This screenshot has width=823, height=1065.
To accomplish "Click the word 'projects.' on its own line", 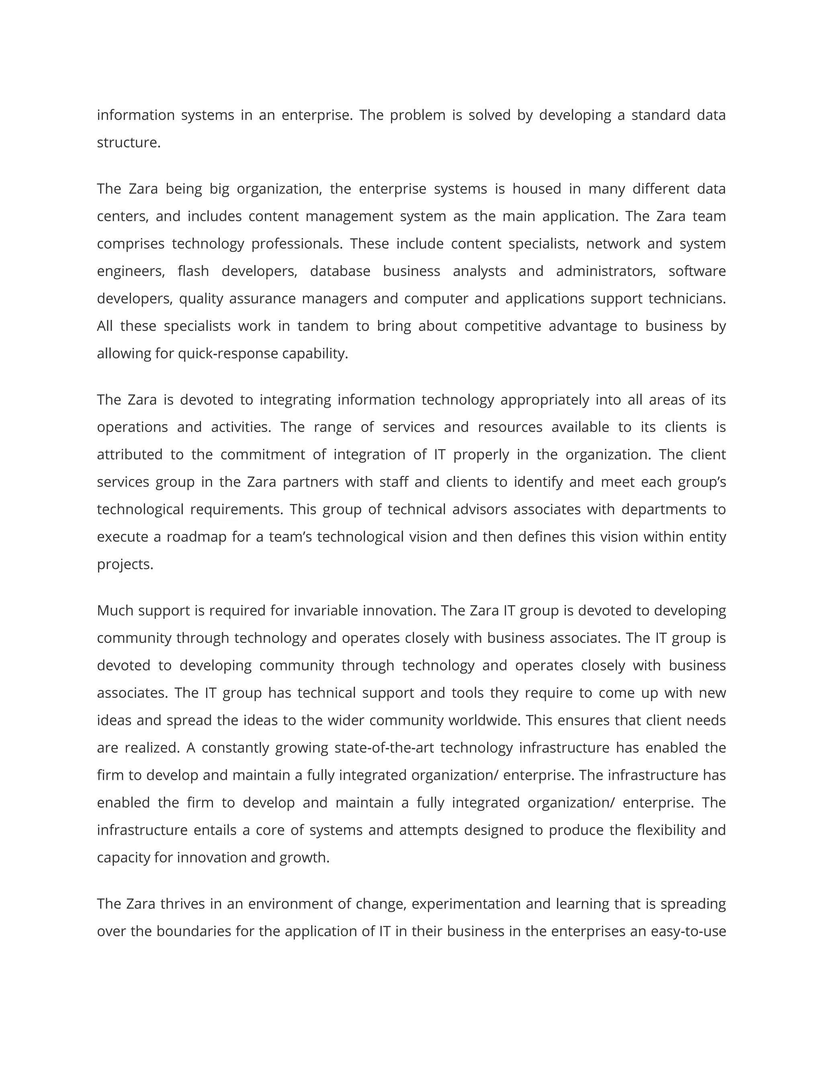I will pos(125,564).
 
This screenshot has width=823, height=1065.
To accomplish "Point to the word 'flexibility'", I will pos(665,830).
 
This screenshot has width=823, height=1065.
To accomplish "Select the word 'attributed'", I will pos(130,455).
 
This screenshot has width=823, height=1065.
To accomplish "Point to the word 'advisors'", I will pos(480,509).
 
